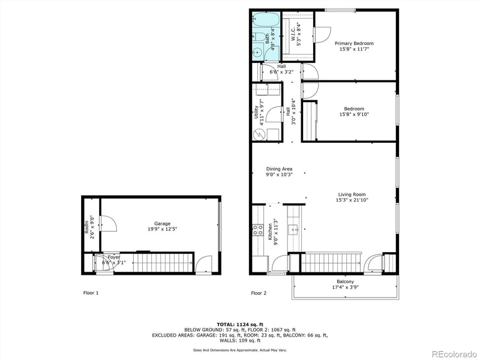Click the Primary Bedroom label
pyautogui.click(x=354, y=43)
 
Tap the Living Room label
pyautogui.click(x=352, y=194)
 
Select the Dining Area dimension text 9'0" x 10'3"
pyautogui.click(x=278, y=175)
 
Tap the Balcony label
pyautogui.click(x=345, y=282)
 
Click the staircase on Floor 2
pyautogui.click(x=330, y=262)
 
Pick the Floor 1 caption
pyautogui.click(x=90, y=293)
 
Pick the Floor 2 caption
pyautogui.click(x=259, y=293)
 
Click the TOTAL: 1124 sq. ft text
pyautogui.click(x=240, y=325)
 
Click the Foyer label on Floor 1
pyautogui.click(x=114, y=257)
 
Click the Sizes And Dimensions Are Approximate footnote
pyautogui.click(x=239, y=350)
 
